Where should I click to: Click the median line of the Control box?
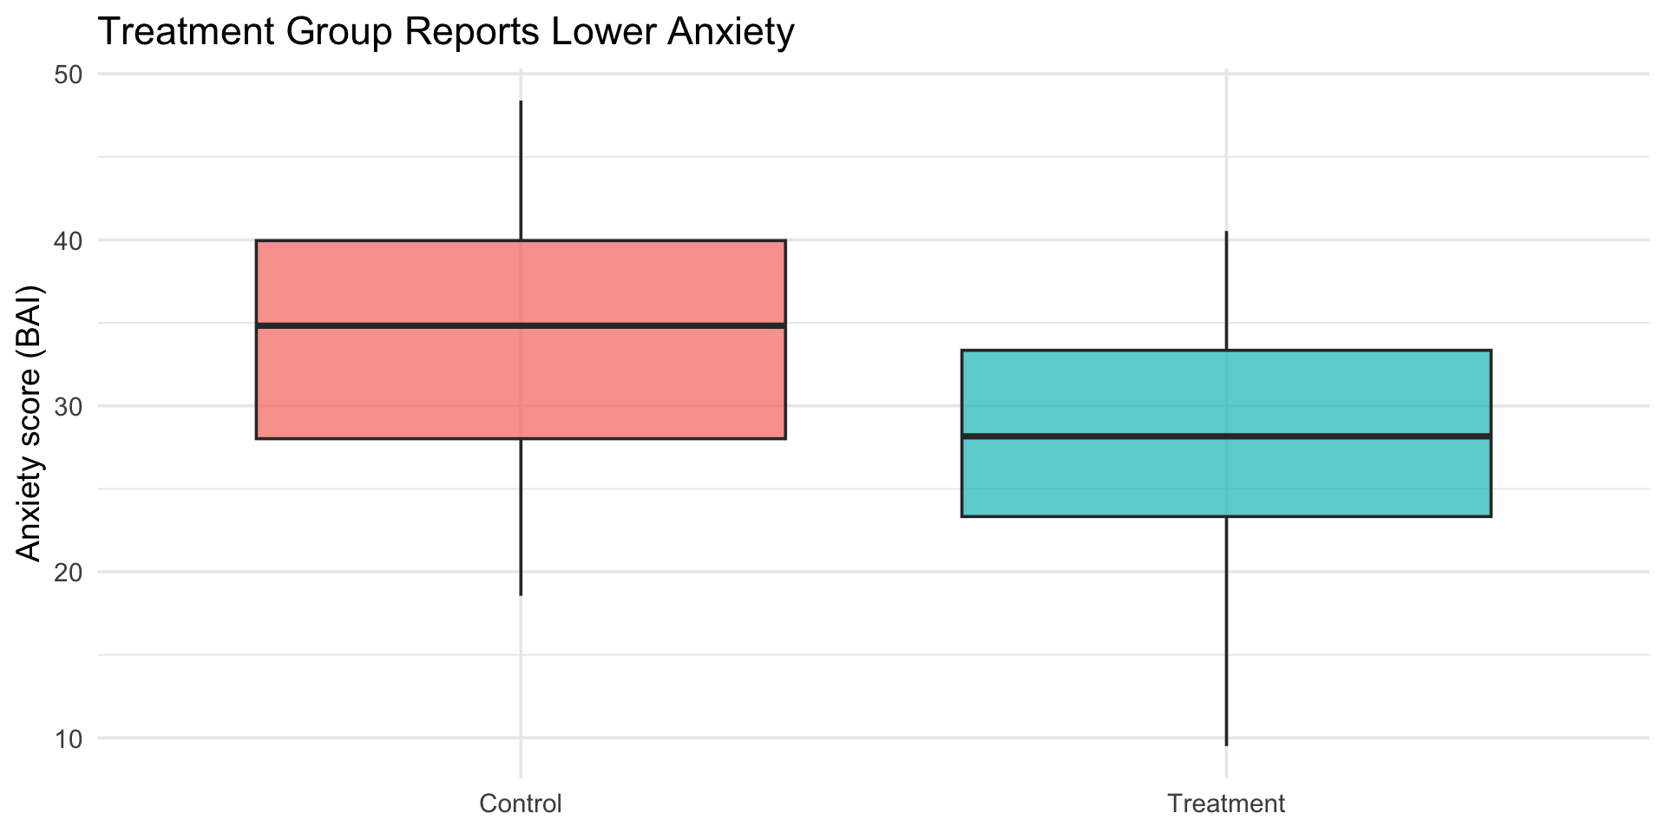521,325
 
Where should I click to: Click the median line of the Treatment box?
1226,436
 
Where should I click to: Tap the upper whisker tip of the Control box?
521,102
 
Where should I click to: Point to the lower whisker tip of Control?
521,594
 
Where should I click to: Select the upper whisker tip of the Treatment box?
1226,232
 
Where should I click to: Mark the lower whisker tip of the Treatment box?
1226,744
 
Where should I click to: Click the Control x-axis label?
521,803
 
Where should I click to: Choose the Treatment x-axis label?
1226,803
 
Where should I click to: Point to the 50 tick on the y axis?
69,75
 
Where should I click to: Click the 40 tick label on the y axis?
69,240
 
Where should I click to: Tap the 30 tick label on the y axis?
69,406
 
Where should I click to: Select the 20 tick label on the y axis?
69,573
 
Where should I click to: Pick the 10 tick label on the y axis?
69,738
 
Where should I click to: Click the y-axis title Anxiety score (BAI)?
30,423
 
